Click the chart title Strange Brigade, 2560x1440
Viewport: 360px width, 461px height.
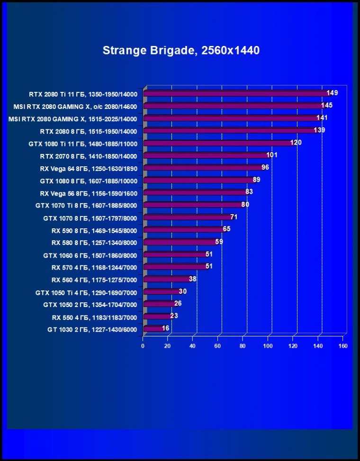pyautogui.click(x=181, y=50)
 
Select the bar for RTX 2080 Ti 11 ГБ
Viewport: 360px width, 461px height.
pyautogui.click(x=234, y=93)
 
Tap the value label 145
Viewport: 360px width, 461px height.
pyautogui.click(x=326, y=105)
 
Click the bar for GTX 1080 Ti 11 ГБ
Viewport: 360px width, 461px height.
pyautogui.click(x=218, y=143)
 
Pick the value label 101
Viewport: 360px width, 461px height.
pyautogui.click(x=272, y=155)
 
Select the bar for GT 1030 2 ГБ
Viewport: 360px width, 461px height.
pyautogui.click(x=153, y=328)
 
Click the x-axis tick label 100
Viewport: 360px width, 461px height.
pyautogui.click(x=268, y=346)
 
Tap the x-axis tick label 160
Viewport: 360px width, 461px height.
pyautogui.click(x=343, y=346)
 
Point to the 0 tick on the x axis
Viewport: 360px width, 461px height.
pyautogui.click(x=143, y=346)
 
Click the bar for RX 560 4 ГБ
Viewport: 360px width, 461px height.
pyautogui.click(x=166, y=279)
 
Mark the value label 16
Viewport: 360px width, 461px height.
pyautogui.click(x=165, y=328)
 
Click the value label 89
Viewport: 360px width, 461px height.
pyautogui.click(x=257, y=180)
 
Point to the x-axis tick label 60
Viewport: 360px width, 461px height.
pyautogui.click(x=218, y=346)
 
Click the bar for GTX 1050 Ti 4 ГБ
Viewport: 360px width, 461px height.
pyautogui.click(x=161, y=291)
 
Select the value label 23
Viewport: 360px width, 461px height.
pyautogui.click(x=174, y=316)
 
